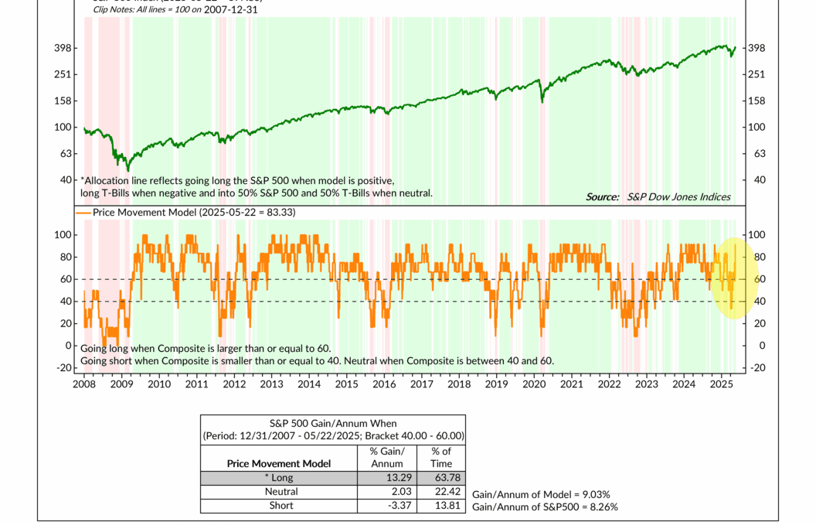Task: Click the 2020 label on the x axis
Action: coord(534,384)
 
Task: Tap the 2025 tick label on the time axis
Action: coord(721,384)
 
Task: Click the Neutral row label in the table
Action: coord(280,491)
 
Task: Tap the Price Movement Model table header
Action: coord(279,463)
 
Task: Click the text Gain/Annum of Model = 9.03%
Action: coord(541,494)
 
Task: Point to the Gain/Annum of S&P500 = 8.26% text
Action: coord(544,507)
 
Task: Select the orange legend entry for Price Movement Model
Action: coord(185,212)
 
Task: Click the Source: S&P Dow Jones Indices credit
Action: coord(658,197)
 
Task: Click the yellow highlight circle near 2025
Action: coord(733,278)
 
